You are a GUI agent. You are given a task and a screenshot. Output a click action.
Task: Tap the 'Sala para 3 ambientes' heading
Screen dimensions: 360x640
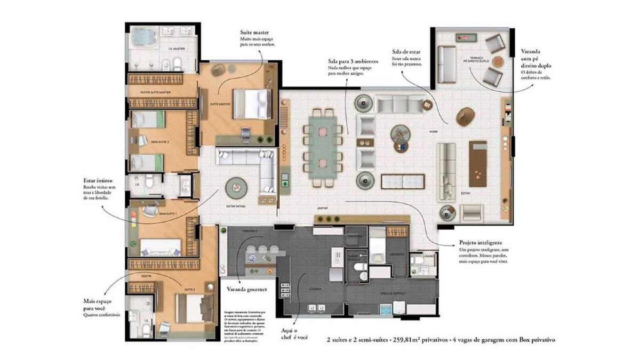click(353, 62)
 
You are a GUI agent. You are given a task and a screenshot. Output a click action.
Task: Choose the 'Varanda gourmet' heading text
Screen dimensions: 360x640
click(246, 290)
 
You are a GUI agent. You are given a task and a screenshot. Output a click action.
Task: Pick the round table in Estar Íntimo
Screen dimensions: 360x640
click(236, 187)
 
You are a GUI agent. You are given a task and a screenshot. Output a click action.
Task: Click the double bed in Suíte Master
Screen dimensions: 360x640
click(253, 104)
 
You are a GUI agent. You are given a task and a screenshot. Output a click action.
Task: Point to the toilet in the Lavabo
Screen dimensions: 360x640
click(415, 261)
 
